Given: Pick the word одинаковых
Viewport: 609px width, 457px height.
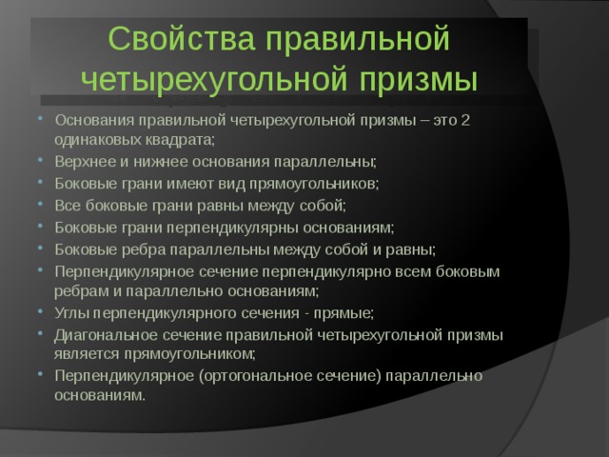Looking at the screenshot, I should (102, 138).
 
